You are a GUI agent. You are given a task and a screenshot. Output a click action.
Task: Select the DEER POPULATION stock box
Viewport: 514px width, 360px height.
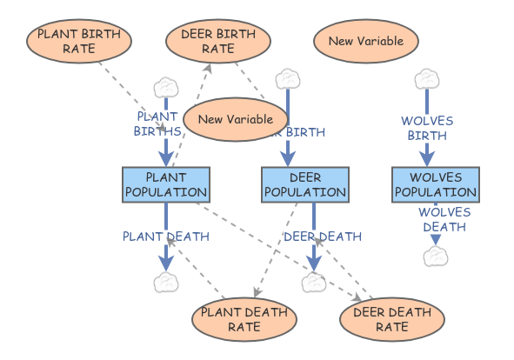(304, 185)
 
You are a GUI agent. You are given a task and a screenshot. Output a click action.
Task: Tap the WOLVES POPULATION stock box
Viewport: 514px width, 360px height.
(434, 185)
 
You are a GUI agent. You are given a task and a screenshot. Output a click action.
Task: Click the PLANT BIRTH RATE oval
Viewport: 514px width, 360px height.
(79, 41)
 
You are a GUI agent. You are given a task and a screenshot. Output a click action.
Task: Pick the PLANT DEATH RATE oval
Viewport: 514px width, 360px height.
(232, 319)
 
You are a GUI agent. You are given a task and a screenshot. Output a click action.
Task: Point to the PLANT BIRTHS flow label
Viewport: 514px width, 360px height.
(157, 123)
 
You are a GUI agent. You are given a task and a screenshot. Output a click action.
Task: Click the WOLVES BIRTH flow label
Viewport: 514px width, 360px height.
(426, 128)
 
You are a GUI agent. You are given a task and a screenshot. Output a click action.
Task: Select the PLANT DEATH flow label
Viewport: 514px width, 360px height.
(153, 236)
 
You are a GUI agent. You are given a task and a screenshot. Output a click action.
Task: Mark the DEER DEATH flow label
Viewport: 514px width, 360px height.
(310, 236)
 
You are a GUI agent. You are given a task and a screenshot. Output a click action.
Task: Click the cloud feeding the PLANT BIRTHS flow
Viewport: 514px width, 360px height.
(165, 87)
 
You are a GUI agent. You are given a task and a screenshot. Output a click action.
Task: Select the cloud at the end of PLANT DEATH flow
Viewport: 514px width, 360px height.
(165, 282)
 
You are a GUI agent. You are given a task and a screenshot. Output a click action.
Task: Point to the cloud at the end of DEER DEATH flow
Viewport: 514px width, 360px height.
(313, 282)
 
